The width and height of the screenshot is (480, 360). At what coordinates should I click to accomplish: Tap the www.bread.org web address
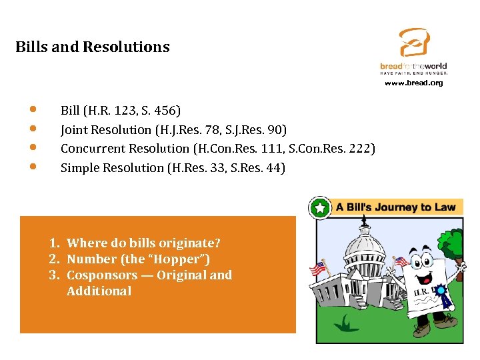tap(413, 83)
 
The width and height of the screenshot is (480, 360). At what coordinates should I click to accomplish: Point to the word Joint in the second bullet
tap(74, 129)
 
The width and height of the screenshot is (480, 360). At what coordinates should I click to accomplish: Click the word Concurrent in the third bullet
tap(92, 148)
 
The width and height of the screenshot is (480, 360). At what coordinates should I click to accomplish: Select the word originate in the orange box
tap(192, 243)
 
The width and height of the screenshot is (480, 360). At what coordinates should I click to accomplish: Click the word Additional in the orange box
tap(99, 291)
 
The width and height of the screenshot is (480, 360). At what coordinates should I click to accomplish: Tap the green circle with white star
tap(320, 208)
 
